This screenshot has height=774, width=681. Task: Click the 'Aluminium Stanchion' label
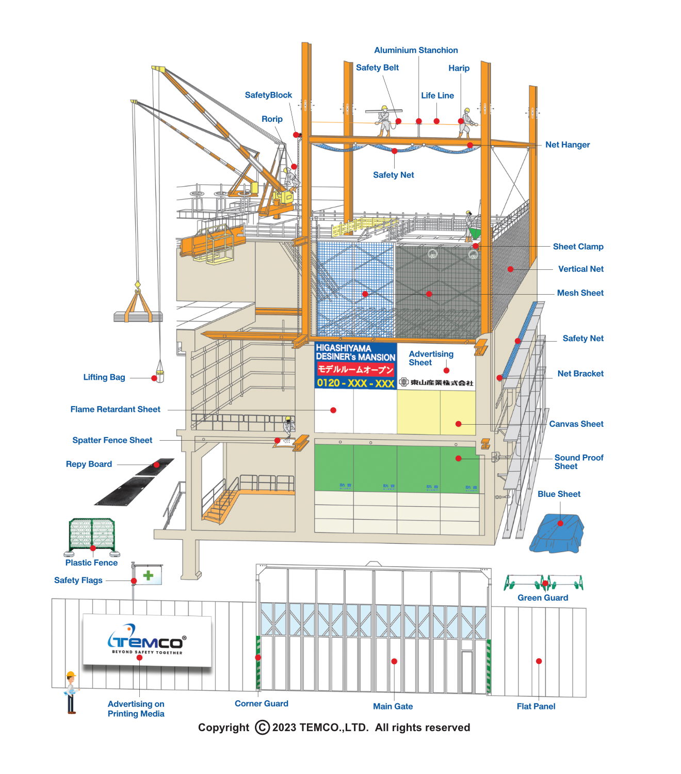point(416,50)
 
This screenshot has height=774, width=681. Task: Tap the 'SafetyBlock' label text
point(268,95)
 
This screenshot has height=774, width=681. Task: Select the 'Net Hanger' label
point(567,144)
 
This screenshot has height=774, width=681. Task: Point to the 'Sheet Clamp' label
point(578,247)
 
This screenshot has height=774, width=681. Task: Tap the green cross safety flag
point(149,575)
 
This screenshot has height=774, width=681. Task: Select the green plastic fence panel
point(92,534)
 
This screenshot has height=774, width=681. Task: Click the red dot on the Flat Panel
point(539,661)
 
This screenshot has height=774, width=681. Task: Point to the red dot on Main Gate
point(394,661)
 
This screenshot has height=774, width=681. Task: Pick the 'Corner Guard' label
point(262,703)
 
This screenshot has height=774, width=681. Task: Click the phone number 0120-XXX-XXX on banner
point(355,383)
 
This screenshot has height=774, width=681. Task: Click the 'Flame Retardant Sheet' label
point(116,409)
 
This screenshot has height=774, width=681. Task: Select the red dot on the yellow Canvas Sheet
point(458,424)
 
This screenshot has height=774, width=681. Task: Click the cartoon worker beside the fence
point(71,691)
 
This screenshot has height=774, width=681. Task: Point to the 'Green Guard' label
point(543,598)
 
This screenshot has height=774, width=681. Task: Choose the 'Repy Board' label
point(89,464)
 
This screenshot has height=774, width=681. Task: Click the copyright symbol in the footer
point(262,728)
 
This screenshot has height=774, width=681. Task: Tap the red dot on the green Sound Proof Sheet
point(458,458)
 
